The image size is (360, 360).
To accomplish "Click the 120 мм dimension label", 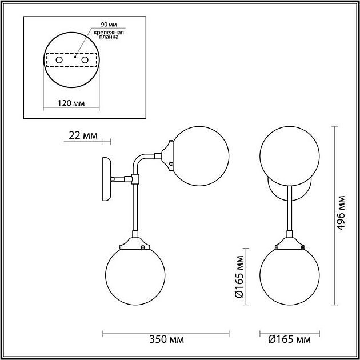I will point(71,103).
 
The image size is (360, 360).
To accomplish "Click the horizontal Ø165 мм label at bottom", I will point(289,340).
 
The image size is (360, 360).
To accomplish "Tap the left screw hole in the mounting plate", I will point(58,60).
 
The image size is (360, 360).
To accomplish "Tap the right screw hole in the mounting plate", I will point(85,60).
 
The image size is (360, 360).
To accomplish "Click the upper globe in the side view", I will point(200,157).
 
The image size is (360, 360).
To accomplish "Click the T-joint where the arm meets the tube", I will point(135,179).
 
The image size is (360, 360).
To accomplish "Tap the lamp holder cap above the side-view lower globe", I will point(135,243).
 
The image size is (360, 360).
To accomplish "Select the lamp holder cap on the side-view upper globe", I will point(167,155).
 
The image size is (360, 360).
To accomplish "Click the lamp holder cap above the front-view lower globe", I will point(289,243).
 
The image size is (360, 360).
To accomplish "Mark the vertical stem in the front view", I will point(289,209).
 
